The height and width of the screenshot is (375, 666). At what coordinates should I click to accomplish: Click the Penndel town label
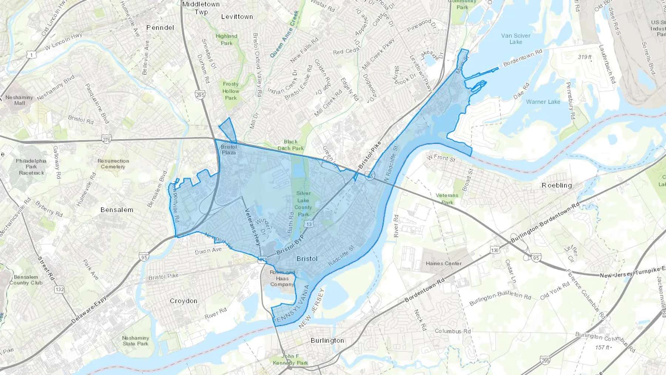(160, 27)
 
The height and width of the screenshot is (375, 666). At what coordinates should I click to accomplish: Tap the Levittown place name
(237, 17)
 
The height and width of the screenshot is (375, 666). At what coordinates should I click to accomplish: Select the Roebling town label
(556, 185)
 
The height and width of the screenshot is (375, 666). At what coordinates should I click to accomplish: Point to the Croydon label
(184, 301)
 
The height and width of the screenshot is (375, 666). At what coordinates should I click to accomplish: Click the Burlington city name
(327, 340)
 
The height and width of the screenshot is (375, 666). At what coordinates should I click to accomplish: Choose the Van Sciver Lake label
(515, 38)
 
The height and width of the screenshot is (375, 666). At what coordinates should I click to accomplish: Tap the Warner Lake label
(543, 102)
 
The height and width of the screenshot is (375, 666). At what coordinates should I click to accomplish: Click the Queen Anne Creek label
(284, 34)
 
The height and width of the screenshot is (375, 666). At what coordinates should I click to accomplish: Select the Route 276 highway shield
(107, 140)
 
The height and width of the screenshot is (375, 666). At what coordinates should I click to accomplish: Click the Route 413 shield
(263, 260)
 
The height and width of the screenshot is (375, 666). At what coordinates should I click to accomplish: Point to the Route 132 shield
(60, 289)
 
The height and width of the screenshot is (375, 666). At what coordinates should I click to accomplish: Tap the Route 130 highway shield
(495, 250)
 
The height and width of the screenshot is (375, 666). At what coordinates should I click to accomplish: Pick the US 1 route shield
(31, 55)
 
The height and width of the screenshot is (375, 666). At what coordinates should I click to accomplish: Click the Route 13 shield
(309, 224)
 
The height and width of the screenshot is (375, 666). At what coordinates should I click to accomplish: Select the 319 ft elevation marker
(585, 57)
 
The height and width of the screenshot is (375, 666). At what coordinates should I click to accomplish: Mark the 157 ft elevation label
(603, 347)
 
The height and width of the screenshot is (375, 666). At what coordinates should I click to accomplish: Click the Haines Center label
(443, 264)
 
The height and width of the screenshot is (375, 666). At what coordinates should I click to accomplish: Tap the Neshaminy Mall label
(19, 100)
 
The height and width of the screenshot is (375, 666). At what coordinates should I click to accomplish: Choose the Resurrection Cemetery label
(113, 164)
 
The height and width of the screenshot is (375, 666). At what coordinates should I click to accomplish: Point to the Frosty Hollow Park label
(231, 91)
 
